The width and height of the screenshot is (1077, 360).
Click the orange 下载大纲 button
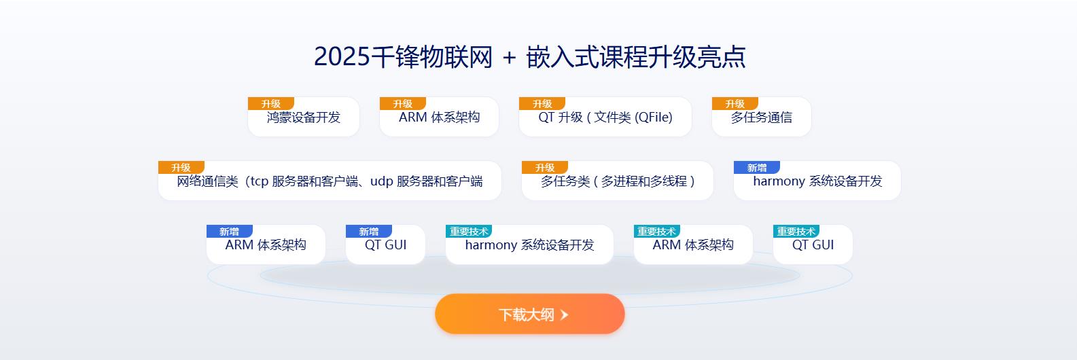(529, 314)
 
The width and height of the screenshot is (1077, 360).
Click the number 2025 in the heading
(342, 56)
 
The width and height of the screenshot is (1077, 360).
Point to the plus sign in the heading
(509, 58)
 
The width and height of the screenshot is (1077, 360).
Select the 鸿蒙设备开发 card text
(303, 118)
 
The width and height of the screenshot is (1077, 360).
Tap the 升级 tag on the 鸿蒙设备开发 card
(270, 103)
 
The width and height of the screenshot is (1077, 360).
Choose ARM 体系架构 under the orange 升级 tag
(439, 118)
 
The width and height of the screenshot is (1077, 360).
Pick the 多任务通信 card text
(761, 118)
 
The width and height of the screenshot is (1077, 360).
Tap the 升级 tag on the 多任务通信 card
(735, 103)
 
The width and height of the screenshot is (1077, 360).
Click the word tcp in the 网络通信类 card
(259, 181)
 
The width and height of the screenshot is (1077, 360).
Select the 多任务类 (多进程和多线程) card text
(618, 181)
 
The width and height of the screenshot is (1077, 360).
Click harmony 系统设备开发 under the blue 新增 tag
(817, 181)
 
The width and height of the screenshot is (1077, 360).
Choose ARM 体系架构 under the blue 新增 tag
(266, 245)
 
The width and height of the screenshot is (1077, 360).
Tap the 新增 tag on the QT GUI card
(369, 231)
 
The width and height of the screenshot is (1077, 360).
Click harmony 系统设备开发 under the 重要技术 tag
(529, 245)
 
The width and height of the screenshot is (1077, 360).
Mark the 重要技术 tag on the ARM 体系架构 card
(657, 231)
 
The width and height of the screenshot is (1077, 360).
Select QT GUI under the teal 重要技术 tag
(813, 245)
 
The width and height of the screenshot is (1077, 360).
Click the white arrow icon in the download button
(565, 314)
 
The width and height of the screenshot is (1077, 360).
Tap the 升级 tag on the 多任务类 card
(545, 167)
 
